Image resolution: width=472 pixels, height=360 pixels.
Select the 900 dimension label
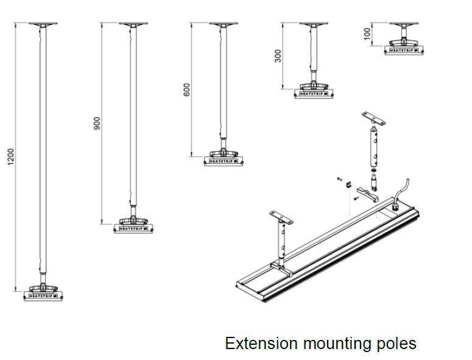(x=97, y=123)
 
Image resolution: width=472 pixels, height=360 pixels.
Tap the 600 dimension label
(x=187, y=89)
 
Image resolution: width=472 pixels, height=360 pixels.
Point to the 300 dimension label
(x=278, y=55)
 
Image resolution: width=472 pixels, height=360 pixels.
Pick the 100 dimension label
(x=367, y=33)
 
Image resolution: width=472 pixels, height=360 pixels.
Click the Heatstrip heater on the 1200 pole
(x=43, y=295)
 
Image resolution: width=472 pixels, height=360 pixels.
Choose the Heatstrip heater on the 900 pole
(x=134, y=228)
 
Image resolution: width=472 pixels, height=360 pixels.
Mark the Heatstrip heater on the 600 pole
(x=224, y=160)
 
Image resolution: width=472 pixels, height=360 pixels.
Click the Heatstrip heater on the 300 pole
(x=314, y=93)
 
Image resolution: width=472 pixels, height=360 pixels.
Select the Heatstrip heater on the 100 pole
(x=403, y=49)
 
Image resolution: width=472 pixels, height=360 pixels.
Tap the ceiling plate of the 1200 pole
(x=43, y=25)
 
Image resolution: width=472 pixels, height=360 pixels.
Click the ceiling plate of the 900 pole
(x=134, y=25)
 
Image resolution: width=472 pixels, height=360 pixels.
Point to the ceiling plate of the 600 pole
(x=224, y=25)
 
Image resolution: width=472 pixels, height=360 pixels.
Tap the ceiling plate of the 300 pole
(x=314, y=25)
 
